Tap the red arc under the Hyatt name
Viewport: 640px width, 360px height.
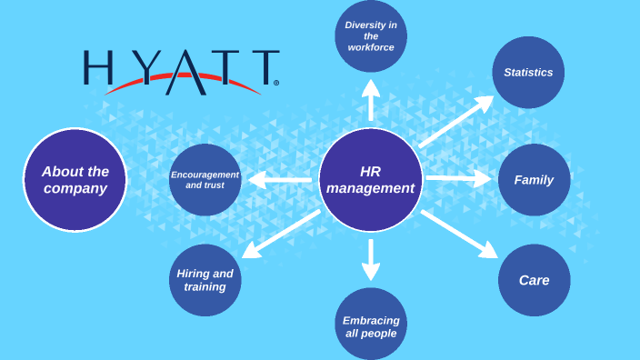pos(181,85)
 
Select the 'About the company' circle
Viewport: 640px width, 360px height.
pos(75,180)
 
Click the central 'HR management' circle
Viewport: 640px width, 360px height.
pos(370,180)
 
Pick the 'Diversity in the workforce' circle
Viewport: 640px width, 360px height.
pos(370,36)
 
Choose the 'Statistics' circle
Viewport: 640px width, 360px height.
pos(528,73)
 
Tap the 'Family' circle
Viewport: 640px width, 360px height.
pos(534,180)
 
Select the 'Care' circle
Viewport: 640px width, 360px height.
pos(534,280)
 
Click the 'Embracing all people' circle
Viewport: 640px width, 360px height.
pos(370,325)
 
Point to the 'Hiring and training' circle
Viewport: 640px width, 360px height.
pos(205,280)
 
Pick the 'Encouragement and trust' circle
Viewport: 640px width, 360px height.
pos(205,180)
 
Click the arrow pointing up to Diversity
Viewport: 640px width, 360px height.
pos(370,100)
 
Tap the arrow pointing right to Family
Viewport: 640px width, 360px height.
pos(458,179)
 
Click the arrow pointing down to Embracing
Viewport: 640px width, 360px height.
pos(370,258)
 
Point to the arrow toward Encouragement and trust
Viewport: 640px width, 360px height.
pos(280,179)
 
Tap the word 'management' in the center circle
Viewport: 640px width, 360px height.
pos(370,189)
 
